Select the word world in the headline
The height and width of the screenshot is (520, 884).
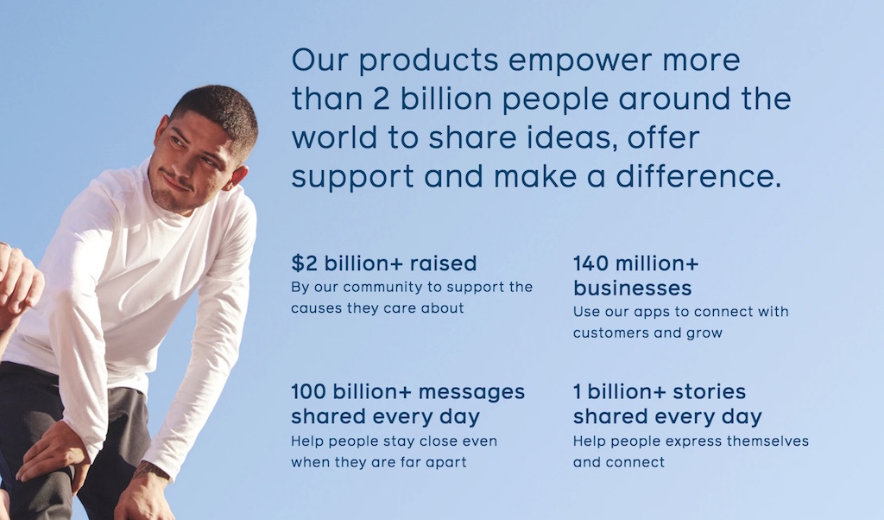(x=334, y=137)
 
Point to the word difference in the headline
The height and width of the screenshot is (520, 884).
(x=698, y=176)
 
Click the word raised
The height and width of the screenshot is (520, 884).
(x=443, y=263)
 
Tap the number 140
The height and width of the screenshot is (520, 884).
(x=590, y=263)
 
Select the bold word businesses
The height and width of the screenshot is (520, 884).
(x=632, y=289)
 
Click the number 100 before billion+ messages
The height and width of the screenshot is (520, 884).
(x=308, y=391)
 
